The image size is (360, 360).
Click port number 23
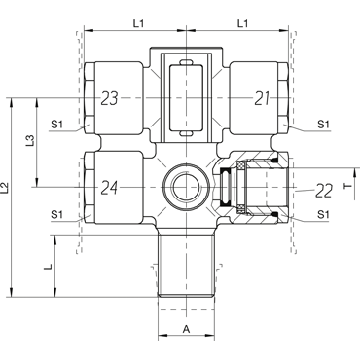(109, 98)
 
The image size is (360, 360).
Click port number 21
(262, 98)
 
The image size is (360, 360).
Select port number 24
(109, 188)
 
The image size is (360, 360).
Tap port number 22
(324, 191)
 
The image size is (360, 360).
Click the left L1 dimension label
(138, 23)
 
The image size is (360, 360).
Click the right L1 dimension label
(242, 23)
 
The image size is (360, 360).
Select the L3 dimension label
(30, 141)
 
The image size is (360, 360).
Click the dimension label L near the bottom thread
(48, 267)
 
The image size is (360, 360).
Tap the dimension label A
(186, 330)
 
